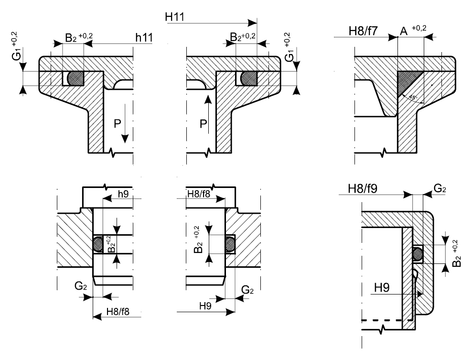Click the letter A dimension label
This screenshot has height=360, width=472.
(404, 31)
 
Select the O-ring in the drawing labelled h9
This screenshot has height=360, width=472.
(99, 244)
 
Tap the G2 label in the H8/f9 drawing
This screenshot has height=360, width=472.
(440, 189)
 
